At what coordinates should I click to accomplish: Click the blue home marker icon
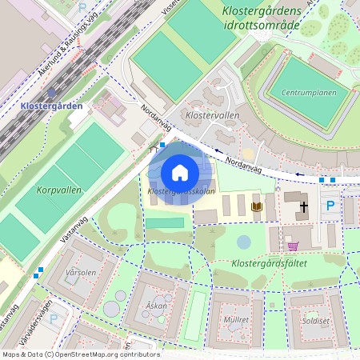(180, 173)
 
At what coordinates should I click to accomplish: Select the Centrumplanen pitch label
(310, 91)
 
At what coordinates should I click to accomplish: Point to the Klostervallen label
(212, 115)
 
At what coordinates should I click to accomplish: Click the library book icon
(257, 207)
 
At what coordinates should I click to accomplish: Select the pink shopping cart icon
(293, 246)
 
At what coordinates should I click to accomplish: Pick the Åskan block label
(156, 306)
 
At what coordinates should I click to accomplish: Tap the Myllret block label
(237, 320)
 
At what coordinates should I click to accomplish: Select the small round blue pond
(243, 241)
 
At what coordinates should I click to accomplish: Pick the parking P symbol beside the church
(330, 206)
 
